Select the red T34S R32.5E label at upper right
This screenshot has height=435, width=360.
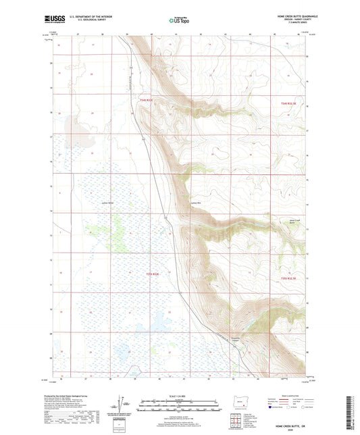click(288, 102)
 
